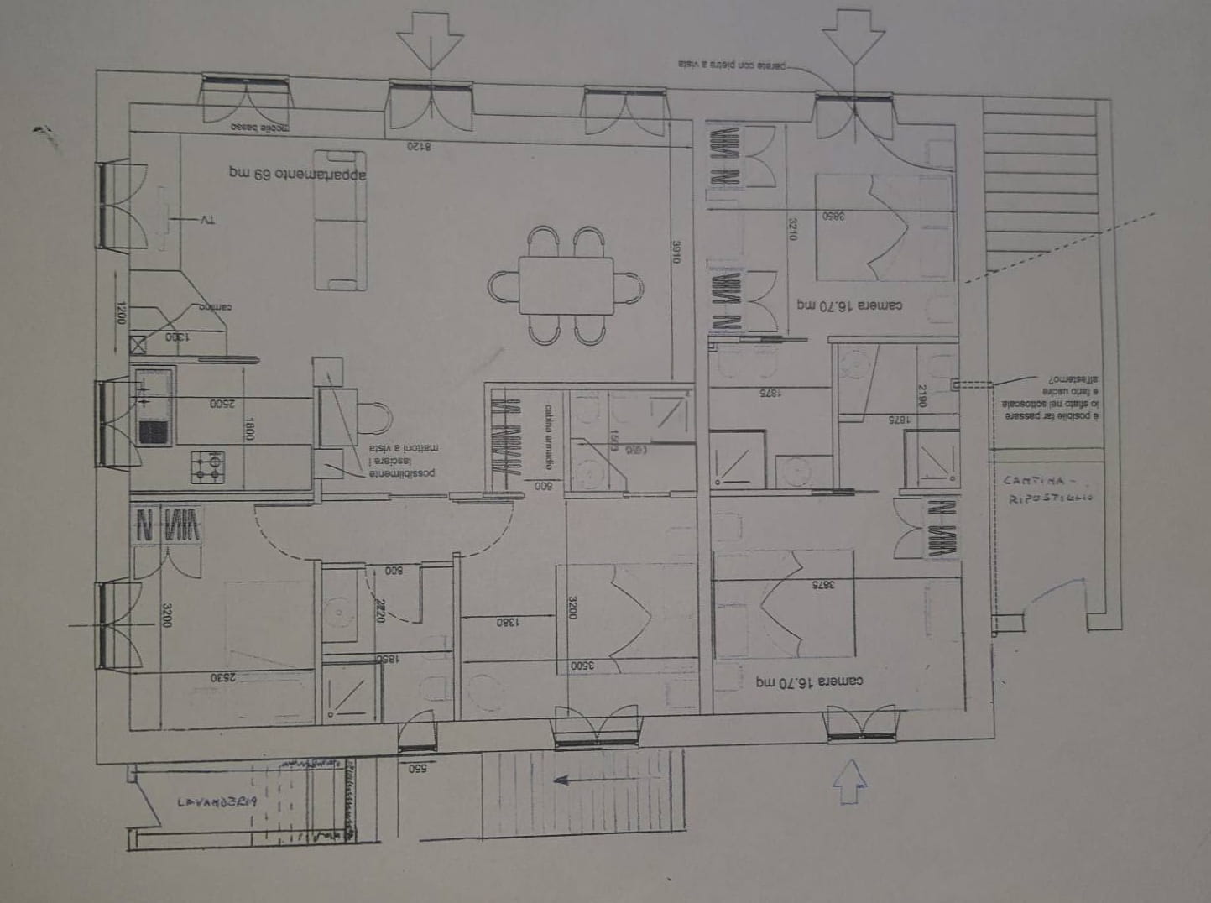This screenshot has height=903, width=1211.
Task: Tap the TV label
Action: tap(207, 220)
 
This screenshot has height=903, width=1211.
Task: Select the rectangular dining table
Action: tap(566, 285)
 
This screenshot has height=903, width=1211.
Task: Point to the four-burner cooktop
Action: tap(208, 467)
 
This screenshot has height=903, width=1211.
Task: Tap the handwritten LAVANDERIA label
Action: tap(217, 802)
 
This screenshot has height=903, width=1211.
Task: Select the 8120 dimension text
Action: tap(419, 146)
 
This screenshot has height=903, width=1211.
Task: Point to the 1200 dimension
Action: tap(120, 315)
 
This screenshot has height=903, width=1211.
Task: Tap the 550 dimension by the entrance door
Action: tap(419, 767)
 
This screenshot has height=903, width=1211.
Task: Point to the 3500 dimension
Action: tap(582, 666)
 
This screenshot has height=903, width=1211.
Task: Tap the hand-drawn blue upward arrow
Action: tap(849, 782)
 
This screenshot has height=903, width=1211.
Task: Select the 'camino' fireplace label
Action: tap(215, 307)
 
